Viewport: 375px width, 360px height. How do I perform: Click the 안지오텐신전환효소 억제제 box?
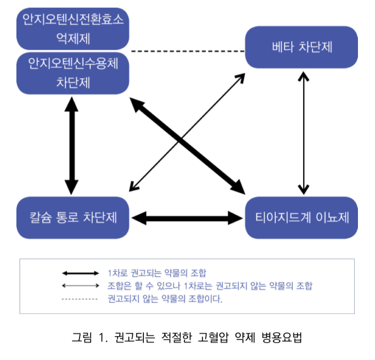(73, 28)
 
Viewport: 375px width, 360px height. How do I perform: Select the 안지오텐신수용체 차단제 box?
(73, 73)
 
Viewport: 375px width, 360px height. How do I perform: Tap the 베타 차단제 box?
(301, 47)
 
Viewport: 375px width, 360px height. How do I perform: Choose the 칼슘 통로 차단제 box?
(73, 218)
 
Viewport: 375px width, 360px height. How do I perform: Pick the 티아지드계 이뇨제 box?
(301, 218)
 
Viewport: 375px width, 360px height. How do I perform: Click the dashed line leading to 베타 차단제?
(188, 51)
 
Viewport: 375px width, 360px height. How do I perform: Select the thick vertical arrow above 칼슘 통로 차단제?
(71, 146)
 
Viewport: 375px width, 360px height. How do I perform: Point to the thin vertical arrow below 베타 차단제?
(304, 133)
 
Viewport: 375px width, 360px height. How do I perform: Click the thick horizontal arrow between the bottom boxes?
(187, 218)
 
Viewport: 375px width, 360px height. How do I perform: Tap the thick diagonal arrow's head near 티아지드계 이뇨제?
(239, 187)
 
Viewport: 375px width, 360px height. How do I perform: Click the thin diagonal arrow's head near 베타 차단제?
(241, 78)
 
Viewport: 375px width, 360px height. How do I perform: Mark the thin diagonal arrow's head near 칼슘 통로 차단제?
(134, 187)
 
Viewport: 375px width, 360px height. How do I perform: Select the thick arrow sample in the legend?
(80, 273)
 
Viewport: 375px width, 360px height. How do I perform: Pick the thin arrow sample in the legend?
(80, 286)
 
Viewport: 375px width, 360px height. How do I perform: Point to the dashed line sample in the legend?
(80, 299)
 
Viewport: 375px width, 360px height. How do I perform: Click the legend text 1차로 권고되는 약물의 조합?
(157, 273)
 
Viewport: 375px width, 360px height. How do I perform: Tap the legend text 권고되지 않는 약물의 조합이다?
(165, 299)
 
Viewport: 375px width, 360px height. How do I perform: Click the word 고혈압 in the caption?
(213, 337)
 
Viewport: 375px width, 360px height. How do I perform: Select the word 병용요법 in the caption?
(282, 337)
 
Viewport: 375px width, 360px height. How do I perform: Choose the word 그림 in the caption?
(82, 337)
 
